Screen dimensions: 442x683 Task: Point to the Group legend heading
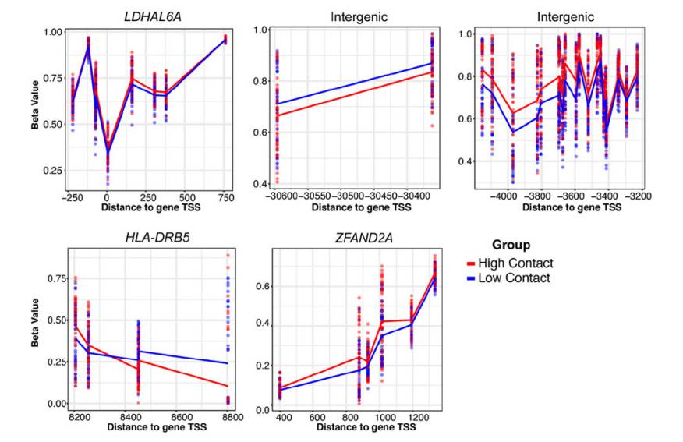(x=511, y=245)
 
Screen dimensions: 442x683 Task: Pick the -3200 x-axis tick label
(x=639, y=197)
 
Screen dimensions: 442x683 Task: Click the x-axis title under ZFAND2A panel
(x=354, y=428)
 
